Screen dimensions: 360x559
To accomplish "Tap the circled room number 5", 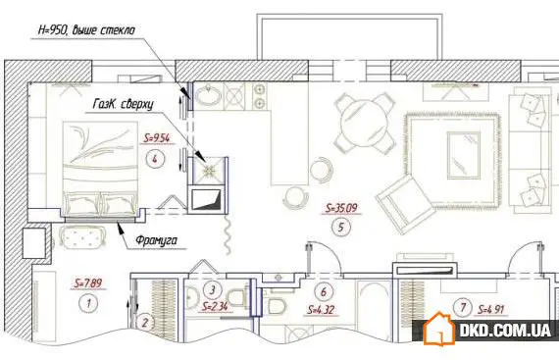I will point(338,231).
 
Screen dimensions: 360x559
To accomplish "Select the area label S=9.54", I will point(157,138).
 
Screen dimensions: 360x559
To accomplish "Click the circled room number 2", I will point(143,321).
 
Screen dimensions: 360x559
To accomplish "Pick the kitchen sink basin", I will point(209,95).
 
